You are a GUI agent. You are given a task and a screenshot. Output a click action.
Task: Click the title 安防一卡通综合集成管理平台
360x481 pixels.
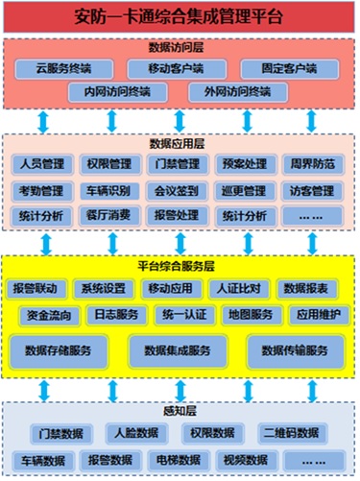pos(180,16)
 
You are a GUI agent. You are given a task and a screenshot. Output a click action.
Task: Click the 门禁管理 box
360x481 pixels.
pos(176,163)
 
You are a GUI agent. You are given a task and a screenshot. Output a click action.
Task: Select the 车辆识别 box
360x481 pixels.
pos(108,190)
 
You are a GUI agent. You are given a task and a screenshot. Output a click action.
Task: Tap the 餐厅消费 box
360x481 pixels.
pos(108,217)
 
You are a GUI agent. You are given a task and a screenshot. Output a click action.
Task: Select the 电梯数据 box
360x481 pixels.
pos(176,460)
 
